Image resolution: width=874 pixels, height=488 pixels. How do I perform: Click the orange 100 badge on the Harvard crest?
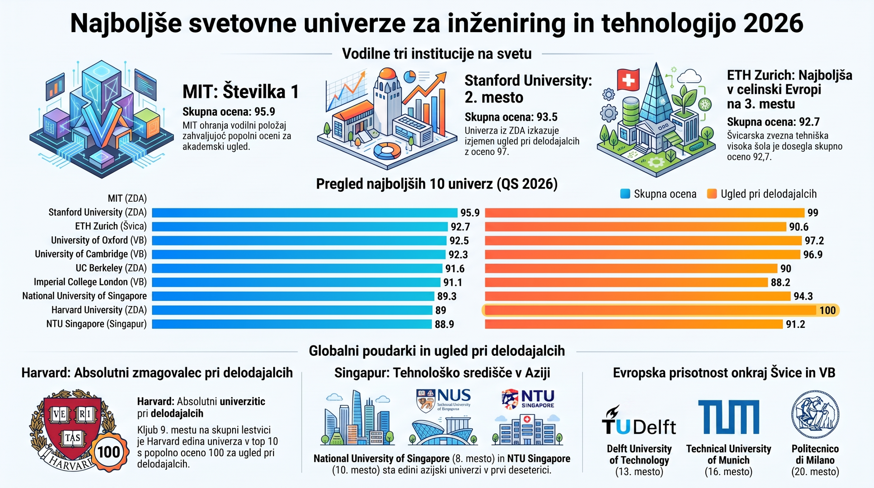pos(109,452)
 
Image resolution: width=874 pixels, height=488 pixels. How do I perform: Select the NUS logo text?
pos(454,396)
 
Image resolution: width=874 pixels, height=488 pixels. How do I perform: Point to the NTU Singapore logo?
pos(528,399)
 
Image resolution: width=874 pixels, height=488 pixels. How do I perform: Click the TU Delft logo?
pos(638,421)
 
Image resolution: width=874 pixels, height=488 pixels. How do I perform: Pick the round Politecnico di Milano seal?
pos(815,415)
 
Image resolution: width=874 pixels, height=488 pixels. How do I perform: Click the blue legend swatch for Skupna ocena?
pos(625,194)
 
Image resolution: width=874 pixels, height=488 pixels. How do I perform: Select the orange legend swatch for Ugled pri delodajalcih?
pos(712,194)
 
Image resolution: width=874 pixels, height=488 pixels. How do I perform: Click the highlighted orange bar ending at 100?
pos(651,310)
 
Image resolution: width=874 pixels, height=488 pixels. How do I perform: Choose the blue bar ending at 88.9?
pos(292,324)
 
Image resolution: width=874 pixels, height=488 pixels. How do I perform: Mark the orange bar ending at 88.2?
pos(626,282)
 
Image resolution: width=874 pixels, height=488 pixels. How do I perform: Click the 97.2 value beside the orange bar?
pos(814,241)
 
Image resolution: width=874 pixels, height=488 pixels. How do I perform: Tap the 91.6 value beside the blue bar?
pos(455,269)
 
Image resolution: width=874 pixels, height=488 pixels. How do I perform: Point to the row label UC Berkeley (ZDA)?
pos(111,268)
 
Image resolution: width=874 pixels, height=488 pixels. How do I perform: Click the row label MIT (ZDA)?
pos(127,198)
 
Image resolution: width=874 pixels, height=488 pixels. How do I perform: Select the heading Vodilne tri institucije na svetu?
pos(437,54)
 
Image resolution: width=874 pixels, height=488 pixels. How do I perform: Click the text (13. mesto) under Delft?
pos(639,472)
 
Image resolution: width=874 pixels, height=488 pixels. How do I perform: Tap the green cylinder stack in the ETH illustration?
pos(631,112)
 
